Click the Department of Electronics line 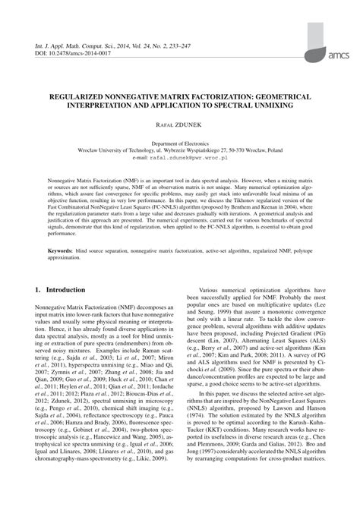[x=179, y=143]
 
